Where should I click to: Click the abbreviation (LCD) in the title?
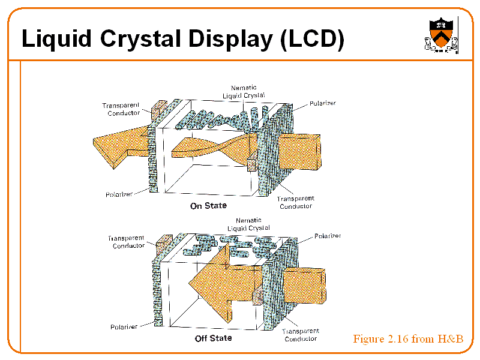coord(312,39)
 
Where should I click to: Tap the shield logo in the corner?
coord(441,35)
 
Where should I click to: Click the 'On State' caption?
coord(208,205)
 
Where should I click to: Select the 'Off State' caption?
coord(214,338)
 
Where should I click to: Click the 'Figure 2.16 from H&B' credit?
coord(408,339)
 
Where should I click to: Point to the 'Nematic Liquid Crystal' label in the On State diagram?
coord(244,92)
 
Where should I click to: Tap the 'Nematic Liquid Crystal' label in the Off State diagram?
coord(248,224)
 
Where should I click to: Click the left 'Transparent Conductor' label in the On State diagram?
coord(121,109)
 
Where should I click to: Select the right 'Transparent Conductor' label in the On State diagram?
coord(296,202)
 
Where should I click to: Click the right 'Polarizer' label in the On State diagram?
coord(323,103)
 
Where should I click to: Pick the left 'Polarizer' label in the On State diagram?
coord(119,194)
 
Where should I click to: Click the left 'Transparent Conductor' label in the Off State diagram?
coord(126,242)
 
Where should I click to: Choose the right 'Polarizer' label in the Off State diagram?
coord(328,236)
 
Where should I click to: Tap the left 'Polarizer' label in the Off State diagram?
coord(124,327)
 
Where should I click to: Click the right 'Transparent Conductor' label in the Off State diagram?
coord(301,335)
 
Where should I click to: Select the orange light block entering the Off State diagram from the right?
coord(304,286)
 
